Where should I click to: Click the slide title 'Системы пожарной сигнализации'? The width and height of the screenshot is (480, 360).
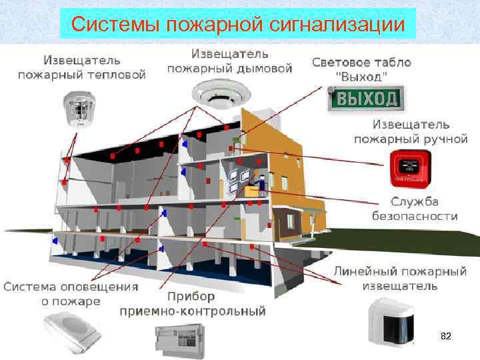coord(238,25)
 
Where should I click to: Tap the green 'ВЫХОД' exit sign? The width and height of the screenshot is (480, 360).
coord(366,99)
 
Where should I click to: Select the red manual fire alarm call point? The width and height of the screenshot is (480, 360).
coord(409,169)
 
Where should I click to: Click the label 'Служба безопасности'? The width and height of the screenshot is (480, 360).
coord(414,209)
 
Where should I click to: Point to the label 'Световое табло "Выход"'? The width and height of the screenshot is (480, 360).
coord(361,69)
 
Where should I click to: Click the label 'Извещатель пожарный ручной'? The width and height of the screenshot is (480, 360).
coord(410,132)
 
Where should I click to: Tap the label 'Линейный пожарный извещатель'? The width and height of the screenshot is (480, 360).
coord(399,279)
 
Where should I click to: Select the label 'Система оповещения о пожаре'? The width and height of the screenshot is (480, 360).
coord(71,294)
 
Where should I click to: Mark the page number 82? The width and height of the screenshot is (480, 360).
coord(446,337)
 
